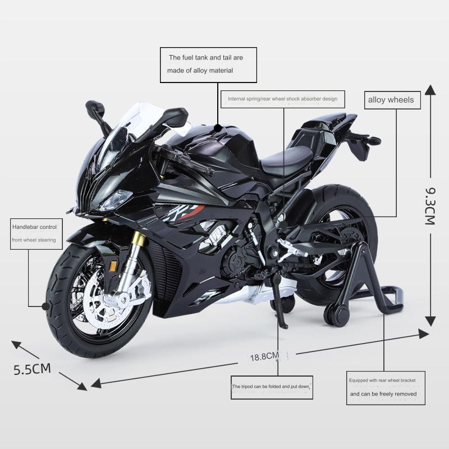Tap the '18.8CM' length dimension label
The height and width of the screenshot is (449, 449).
pos(264,356)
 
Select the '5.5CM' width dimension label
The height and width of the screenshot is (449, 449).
pos(33,369)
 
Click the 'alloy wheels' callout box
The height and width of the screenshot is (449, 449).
pos(391,100)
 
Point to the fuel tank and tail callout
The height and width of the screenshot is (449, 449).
pos(208,64)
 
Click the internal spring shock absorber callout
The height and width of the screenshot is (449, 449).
pos(283,99)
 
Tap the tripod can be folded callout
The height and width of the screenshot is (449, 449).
pos(271,387)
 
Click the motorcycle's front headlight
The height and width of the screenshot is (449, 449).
pos(116,199)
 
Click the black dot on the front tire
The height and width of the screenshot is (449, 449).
pos(45,306)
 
